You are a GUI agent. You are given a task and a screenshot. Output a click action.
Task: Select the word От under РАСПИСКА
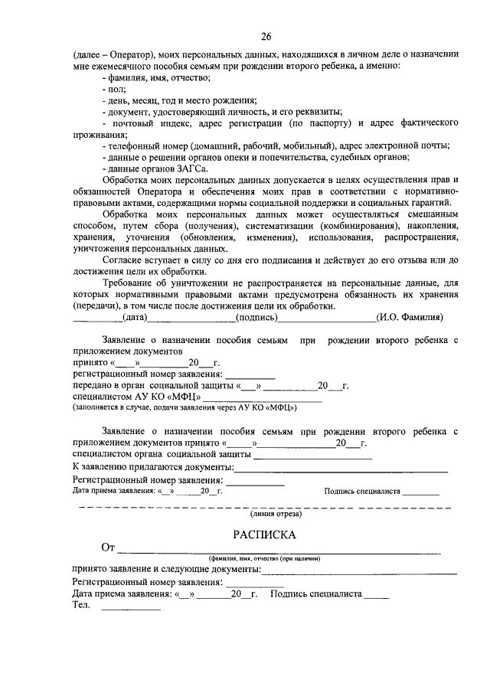(108, 548)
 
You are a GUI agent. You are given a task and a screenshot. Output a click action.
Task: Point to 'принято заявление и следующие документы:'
(166, 570)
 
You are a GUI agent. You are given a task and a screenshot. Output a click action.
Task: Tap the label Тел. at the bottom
(81, 605)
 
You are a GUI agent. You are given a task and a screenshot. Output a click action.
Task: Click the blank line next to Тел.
(131, 607)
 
